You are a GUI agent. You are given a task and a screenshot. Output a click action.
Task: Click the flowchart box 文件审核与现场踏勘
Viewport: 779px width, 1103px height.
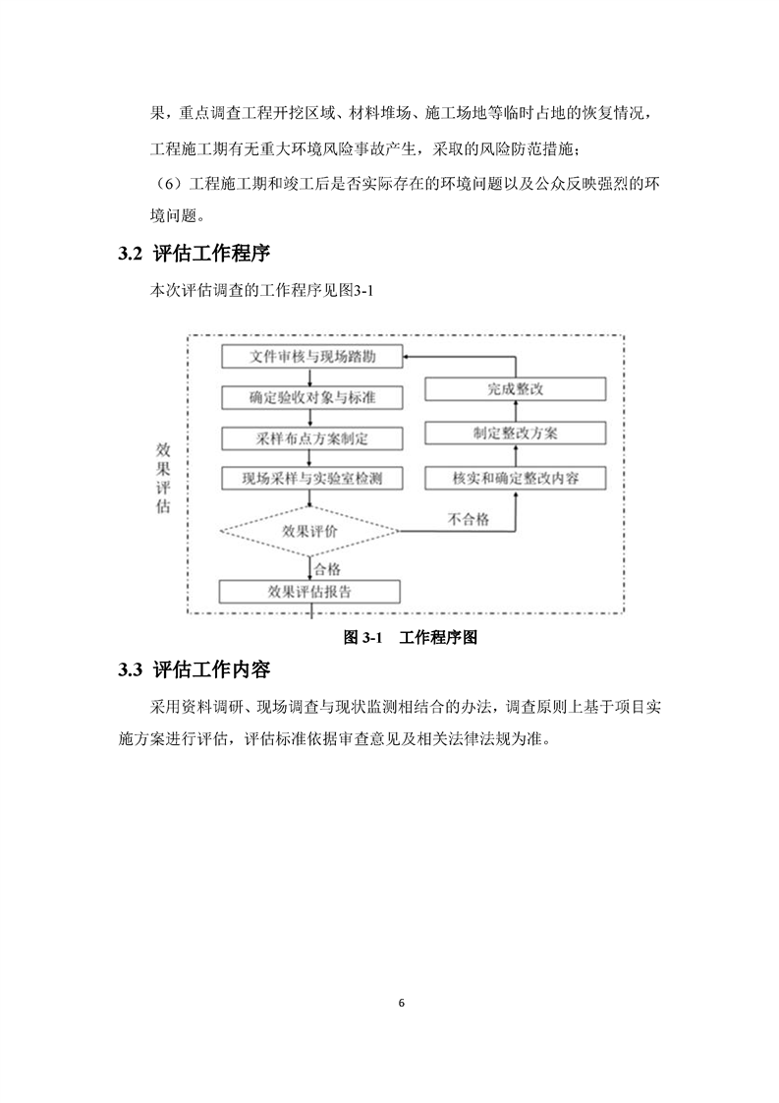312,356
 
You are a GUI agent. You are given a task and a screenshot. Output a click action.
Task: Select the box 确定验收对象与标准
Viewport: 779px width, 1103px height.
312,397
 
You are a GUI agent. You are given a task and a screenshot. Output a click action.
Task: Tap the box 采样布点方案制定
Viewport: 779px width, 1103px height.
312,438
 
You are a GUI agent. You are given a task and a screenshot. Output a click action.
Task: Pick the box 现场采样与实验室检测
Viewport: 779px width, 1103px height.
312,479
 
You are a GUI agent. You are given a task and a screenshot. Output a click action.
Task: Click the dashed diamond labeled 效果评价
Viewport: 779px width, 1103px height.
310,531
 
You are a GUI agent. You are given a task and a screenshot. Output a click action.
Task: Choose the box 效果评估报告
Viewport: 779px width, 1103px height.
309,592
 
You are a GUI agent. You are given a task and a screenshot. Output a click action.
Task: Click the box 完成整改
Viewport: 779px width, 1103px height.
516,389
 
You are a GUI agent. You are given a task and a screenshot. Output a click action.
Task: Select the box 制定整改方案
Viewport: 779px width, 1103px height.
516,434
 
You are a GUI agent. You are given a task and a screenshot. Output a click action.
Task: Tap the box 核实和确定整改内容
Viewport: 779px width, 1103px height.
516,479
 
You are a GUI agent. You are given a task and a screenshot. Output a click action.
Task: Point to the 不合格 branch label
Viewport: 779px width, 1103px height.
469,519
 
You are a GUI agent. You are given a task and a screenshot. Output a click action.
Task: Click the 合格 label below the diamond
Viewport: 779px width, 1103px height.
327,568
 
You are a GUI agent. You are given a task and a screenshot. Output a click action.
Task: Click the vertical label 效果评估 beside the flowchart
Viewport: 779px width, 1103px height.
163,479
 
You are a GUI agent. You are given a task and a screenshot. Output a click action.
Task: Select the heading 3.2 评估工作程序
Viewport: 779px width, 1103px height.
195,254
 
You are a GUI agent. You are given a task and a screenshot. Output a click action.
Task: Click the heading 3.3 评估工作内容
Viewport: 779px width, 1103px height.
195,668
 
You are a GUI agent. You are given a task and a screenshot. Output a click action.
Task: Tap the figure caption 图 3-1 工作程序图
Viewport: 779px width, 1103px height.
411,637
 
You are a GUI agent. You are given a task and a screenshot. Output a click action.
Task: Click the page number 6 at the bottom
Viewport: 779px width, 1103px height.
402,1003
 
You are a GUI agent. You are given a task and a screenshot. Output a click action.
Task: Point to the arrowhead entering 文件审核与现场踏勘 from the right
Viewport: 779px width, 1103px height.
408,357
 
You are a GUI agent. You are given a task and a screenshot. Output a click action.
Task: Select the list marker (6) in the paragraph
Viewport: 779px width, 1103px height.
169,184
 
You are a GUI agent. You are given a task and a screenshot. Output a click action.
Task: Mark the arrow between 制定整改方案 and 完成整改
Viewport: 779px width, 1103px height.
516,412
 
